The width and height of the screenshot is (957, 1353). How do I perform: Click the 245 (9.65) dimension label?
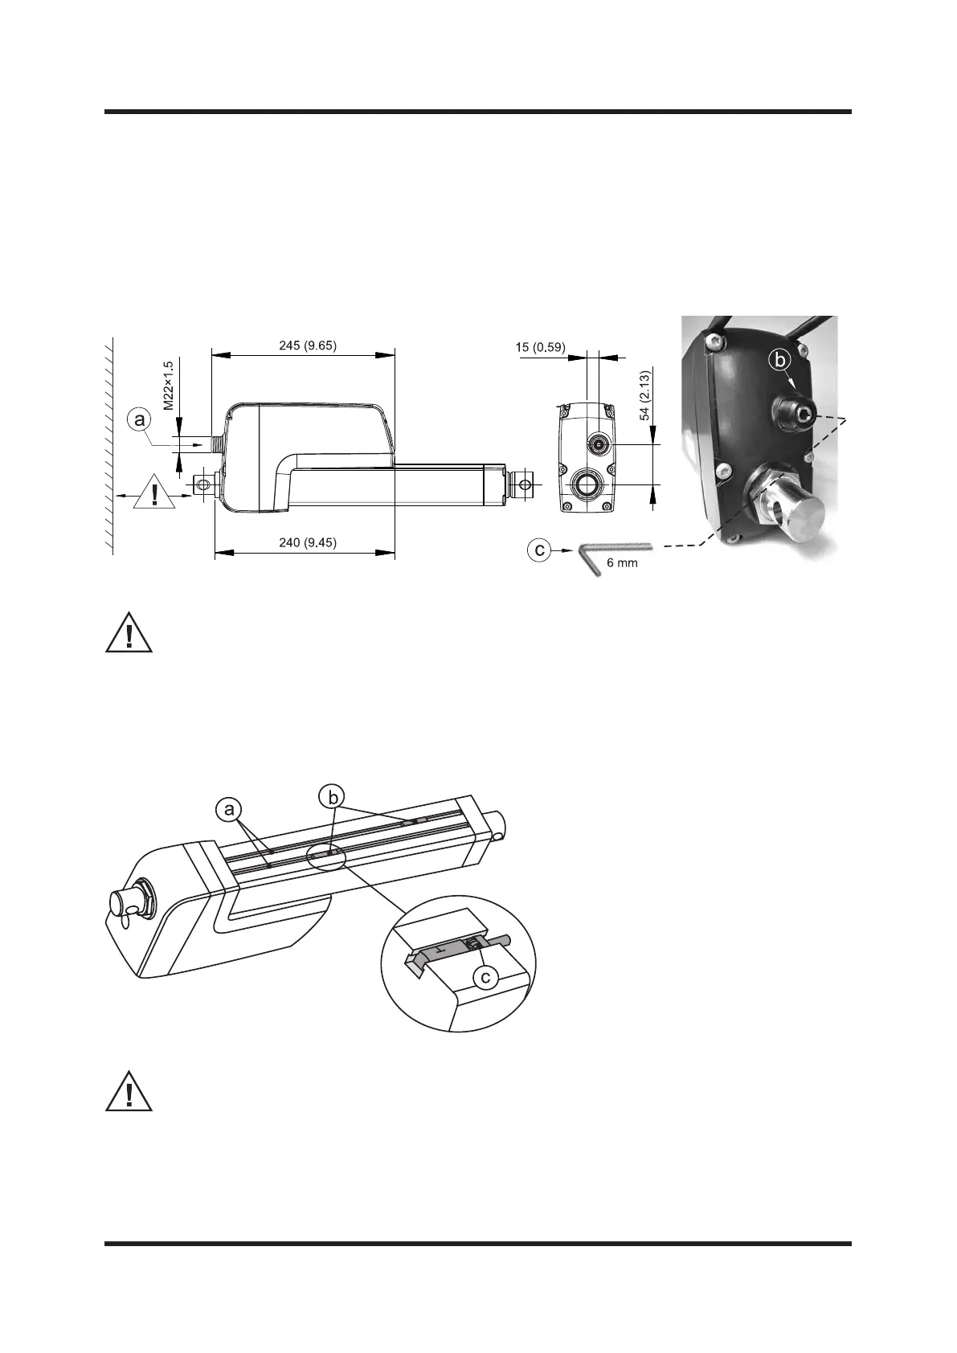(302, 346)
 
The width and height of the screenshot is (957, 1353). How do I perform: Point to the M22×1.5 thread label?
(169, 386)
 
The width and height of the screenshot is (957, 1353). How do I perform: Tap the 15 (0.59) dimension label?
(539, 347)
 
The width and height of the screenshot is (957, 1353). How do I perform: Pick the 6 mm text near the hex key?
(621, 563)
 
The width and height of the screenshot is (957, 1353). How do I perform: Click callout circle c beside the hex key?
(541, 550)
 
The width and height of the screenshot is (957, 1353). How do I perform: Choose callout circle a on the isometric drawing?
(230, 811)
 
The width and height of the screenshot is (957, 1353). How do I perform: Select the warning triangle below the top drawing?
(129, 632)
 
